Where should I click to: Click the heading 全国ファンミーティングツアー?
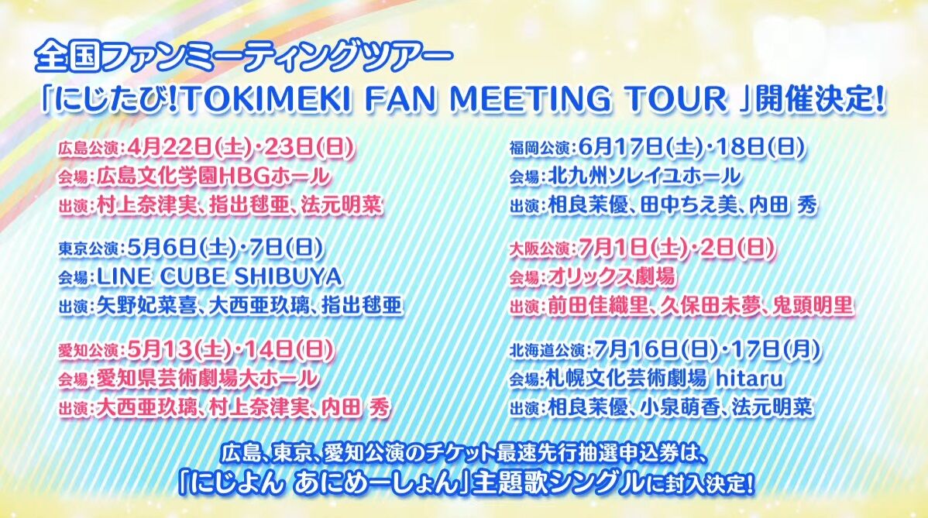click(x=243, y=58)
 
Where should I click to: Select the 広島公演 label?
click(x=89, y=149)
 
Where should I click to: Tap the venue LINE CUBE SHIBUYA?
click(x=219, y=276)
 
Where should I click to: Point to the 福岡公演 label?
click(x=541, y=149)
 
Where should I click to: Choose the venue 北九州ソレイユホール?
click(x=644, y=176)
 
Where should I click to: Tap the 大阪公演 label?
click(x=541, y=249)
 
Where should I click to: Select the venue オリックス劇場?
click(x=610, y=276)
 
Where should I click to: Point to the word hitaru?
click(x=749, y=378)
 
